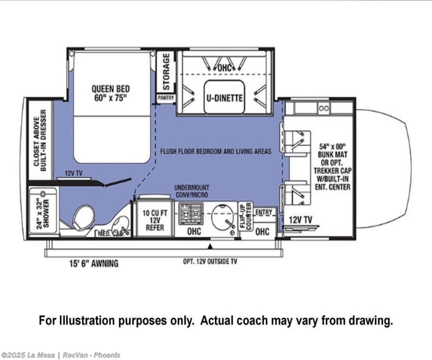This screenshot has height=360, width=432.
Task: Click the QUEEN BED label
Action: pos(110,93)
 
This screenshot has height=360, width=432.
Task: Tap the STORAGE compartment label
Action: pos(166,72)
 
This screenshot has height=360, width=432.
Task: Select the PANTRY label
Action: pos(166,98)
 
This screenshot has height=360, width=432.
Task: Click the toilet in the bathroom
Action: pos(83,217)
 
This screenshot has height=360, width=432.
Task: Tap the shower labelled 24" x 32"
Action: pos(43,212)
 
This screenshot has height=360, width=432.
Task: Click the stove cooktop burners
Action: pos(191,213)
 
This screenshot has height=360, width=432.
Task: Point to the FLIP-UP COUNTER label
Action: pos(246,216)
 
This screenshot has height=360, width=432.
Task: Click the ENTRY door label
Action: pos(264,212)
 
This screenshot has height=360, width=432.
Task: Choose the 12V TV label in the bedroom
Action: pos(74,173)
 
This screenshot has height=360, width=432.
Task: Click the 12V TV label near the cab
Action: pos(301,220)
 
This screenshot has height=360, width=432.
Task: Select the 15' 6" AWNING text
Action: pos(93,263)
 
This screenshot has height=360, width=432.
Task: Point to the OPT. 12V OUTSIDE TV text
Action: pos(210,261)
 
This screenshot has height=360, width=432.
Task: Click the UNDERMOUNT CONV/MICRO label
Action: pos(192,191)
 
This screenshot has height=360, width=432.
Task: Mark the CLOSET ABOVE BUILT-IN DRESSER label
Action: pos(40,141)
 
